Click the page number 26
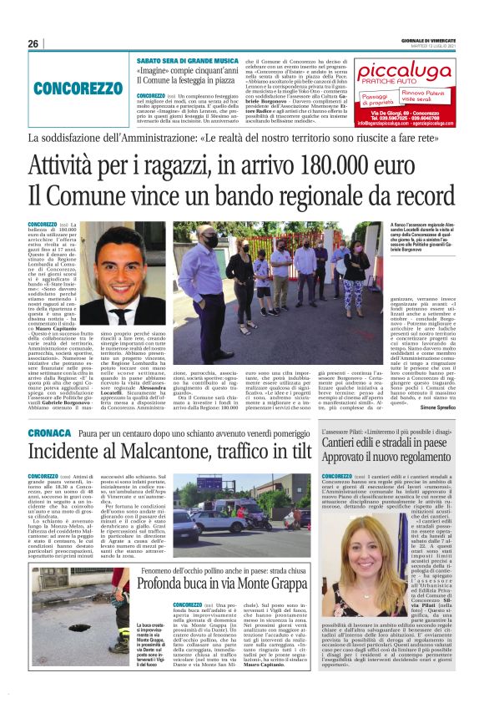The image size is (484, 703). coord(34,43)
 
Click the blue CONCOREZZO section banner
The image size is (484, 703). coord(78,88)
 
